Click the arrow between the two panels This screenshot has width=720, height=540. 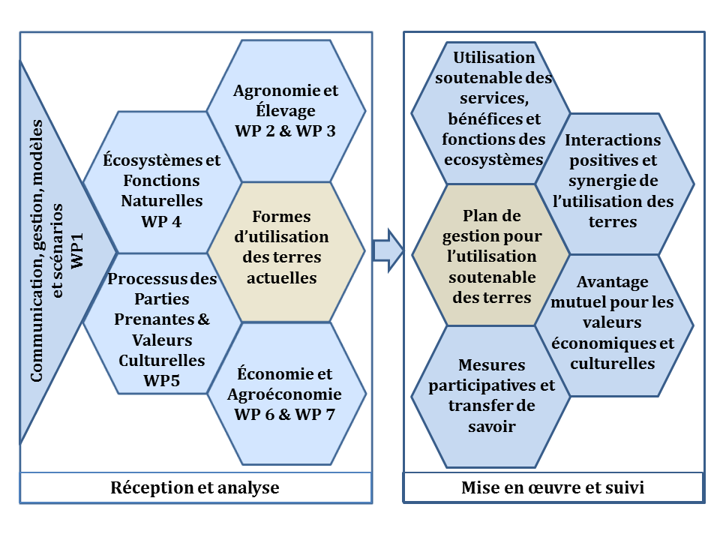coord(388,250)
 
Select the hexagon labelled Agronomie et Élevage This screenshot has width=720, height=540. coord(286,111)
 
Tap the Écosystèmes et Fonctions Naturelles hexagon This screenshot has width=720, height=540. coord(162,182)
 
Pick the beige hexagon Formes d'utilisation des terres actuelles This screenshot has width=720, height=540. coord(286,252)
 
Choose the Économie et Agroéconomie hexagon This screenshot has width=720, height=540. coord(286,394)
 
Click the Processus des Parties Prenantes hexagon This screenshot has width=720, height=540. coord(162,323)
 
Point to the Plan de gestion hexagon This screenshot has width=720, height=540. coord(490,255)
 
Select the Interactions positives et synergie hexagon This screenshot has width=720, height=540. coord(614,184)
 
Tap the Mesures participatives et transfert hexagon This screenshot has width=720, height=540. coord(490,397)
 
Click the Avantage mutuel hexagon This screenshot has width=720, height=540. coord(614,325)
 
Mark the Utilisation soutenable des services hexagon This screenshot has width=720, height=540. coord(490,113)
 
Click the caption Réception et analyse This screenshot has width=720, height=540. coord(195,487)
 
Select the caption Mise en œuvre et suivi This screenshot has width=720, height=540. coord(553,487)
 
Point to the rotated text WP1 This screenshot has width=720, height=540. coord(77,251)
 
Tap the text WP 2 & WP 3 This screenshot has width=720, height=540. coord(285,130)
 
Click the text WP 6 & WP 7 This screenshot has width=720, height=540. coord(285,415)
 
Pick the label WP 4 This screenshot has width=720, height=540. coord(161,222)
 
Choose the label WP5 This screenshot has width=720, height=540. coord(162,381)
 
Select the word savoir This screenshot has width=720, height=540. coord(492,427)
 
